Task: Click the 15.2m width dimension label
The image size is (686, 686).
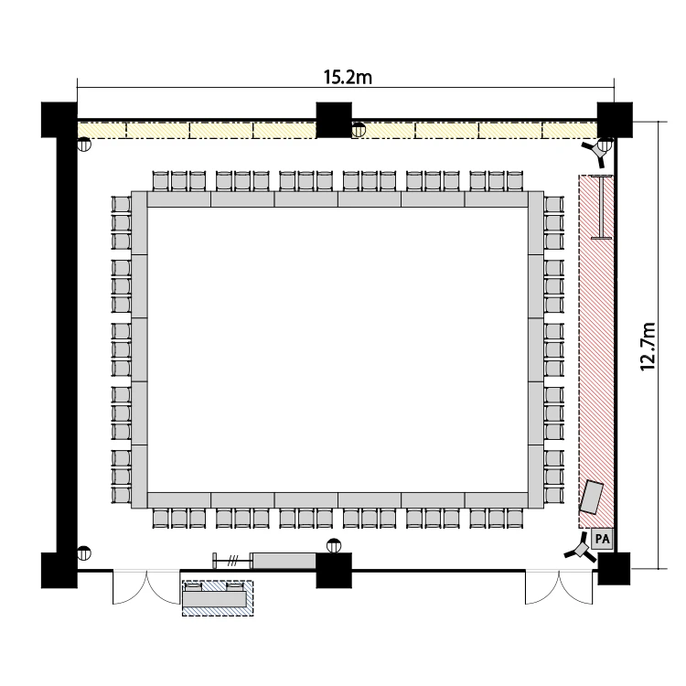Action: point(348,77)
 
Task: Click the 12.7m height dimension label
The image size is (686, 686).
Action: point(648,347)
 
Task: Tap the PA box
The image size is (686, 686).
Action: point(602,539)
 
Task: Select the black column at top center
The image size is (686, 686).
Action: point(334,120)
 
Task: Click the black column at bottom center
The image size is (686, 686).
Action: point(334,570)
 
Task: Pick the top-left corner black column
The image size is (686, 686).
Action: point(59,120)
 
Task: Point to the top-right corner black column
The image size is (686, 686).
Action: point(615,120)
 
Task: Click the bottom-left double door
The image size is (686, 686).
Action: point(146,587)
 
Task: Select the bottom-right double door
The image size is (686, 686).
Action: point(559,587)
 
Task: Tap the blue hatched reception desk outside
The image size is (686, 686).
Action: point(218,598)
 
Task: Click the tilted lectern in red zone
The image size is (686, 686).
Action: point(591,497)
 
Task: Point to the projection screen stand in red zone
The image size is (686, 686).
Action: point(602,207)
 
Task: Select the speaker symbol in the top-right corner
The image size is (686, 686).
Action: point(595,151)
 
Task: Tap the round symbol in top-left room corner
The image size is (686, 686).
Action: point(84,144)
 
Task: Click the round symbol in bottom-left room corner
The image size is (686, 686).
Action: point(84,553)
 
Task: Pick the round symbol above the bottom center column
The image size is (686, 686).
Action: point(334,545)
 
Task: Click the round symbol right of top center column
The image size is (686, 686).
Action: point(359,130)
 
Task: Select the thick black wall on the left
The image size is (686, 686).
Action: point(67,345)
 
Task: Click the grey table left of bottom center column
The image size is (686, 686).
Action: point(284,561)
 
